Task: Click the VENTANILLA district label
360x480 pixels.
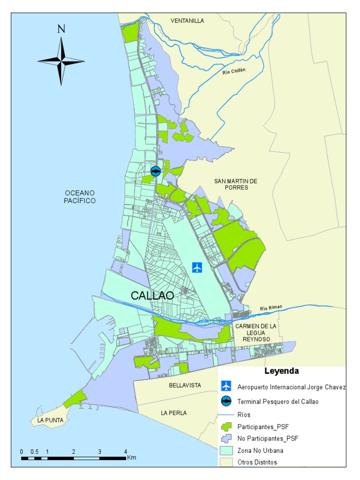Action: tap(187, 21)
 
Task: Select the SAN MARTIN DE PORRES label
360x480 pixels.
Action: tap(236, 184)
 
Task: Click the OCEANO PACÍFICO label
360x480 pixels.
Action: tap(80, 197)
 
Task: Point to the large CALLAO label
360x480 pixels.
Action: tap(152, 296)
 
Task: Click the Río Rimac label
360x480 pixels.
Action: tap(271, 308)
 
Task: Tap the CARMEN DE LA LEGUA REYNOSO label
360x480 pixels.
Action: tap(256, 332)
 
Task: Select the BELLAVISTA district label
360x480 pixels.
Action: tap(185, 385)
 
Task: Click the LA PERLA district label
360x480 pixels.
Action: tap(173, 413)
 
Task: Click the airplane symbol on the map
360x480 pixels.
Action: tap(197, 268)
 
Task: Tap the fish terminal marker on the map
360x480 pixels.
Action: tap(155, 171)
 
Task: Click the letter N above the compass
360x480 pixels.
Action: tap(61, 29)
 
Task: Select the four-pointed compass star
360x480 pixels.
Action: tap(61, 61)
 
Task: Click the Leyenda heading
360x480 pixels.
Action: tap(281, 371)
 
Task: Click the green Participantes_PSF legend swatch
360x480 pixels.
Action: tap(226, 427)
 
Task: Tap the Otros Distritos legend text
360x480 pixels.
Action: tap(257, 462)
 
